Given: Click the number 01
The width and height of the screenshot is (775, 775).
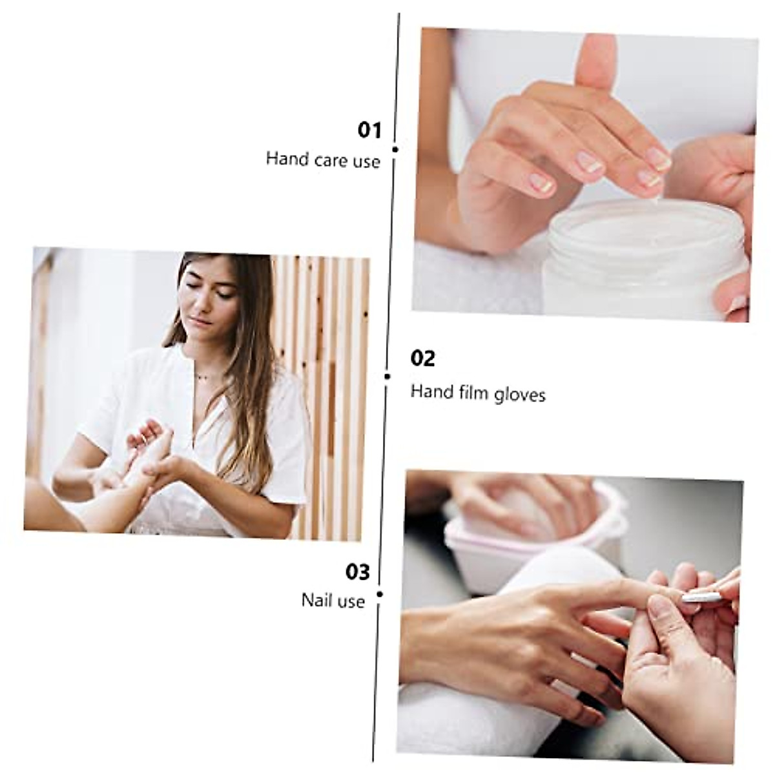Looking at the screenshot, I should point(370,130).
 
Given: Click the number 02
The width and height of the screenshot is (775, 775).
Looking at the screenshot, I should point(423,358).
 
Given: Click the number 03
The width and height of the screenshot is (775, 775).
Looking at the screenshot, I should point(358,572).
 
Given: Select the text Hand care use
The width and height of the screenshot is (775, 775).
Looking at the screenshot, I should point(323,160).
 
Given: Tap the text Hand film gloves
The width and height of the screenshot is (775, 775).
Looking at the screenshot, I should point(478,393).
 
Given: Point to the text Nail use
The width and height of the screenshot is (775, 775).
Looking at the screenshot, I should point(333,601).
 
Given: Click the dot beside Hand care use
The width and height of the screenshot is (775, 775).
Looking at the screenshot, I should point(395,149).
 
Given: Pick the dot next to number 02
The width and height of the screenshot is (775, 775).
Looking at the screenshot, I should point(387,376).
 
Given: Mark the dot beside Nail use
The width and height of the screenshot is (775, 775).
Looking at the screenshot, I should point(380,594).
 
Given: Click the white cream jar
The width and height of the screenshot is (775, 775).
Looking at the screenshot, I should point(643,258).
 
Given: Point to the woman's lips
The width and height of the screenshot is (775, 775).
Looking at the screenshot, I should point(201,320).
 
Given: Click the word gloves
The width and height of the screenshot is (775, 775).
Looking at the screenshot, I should point(520,394).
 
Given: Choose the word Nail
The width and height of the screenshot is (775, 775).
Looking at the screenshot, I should point(316,600).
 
